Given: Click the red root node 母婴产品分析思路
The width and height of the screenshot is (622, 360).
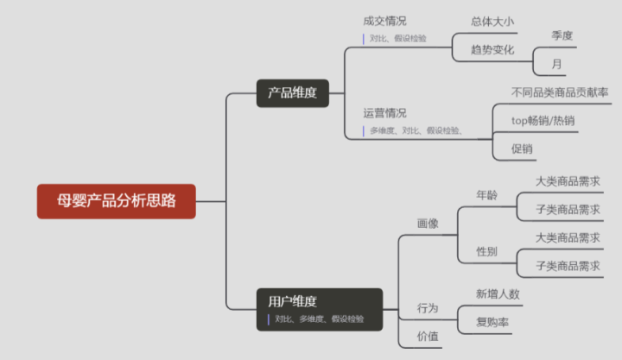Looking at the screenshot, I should click(x=116, y=201).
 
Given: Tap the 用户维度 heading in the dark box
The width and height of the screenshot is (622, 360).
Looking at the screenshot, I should click(x=292, y=301).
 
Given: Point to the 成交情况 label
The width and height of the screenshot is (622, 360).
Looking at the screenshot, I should click(x=384, y=21).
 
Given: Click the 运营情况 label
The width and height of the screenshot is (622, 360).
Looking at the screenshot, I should click(x=384, y=113).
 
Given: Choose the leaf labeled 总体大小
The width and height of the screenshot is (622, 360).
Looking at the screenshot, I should click(x=492, y=22).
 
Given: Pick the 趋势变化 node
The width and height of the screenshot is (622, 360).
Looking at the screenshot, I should click(x=492, y=49).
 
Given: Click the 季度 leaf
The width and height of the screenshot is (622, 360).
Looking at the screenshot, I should click(x=562, y=35).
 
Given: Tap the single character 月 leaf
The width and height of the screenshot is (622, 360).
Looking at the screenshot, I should click(x=556, y=64).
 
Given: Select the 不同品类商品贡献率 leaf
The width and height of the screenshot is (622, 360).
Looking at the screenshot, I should click(x=559, y=92).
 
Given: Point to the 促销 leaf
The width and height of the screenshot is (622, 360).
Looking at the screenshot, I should click(x=522, y=148).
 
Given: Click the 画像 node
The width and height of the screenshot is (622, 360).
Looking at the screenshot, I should click(x=428, y=223).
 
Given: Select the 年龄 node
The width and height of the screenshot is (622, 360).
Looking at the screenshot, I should click(x=487, y=195).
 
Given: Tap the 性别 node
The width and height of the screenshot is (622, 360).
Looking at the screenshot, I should click(x=487, y=251).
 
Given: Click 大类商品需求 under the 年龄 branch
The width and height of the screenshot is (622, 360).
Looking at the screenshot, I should click(x=568, y=181).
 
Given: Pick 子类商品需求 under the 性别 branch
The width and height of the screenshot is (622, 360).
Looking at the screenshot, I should click(x=568, y=265).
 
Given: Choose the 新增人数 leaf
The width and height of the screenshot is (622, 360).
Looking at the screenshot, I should click(x=498, y=294).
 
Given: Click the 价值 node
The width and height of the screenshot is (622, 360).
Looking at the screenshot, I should click(x=428, y=336).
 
